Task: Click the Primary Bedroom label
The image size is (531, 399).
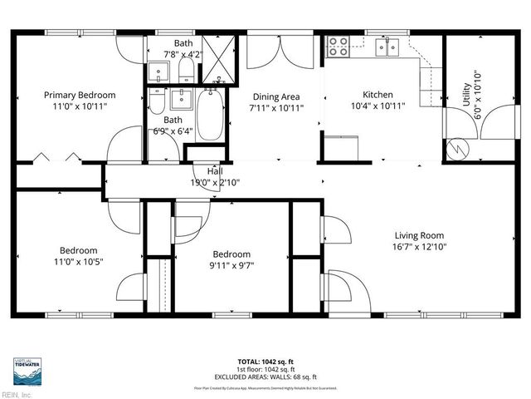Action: point(80,95)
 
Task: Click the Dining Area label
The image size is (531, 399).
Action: point(276,95)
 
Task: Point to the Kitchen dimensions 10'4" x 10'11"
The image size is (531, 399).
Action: point(378,107)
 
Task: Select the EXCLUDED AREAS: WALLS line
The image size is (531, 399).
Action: point(265,377)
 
